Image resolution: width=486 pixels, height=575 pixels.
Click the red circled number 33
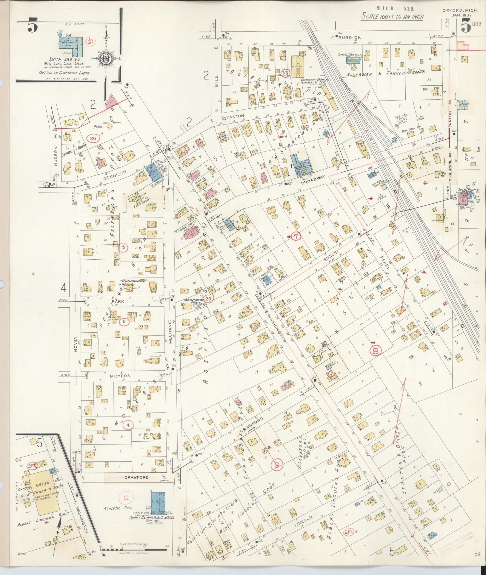pyautogui.click(x=285, y=73)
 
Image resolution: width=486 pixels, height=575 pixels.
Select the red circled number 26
pyautogui.click(x=93, y=138)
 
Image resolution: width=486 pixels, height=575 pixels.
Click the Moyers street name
pyautogui.click(x=121, y=376)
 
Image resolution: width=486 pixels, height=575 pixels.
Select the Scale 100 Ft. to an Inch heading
pyautogui.click(x=392, y=17)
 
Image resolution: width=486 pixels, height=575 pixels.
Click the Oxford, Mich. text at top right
pyautogui.click(x=460, y=10)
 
